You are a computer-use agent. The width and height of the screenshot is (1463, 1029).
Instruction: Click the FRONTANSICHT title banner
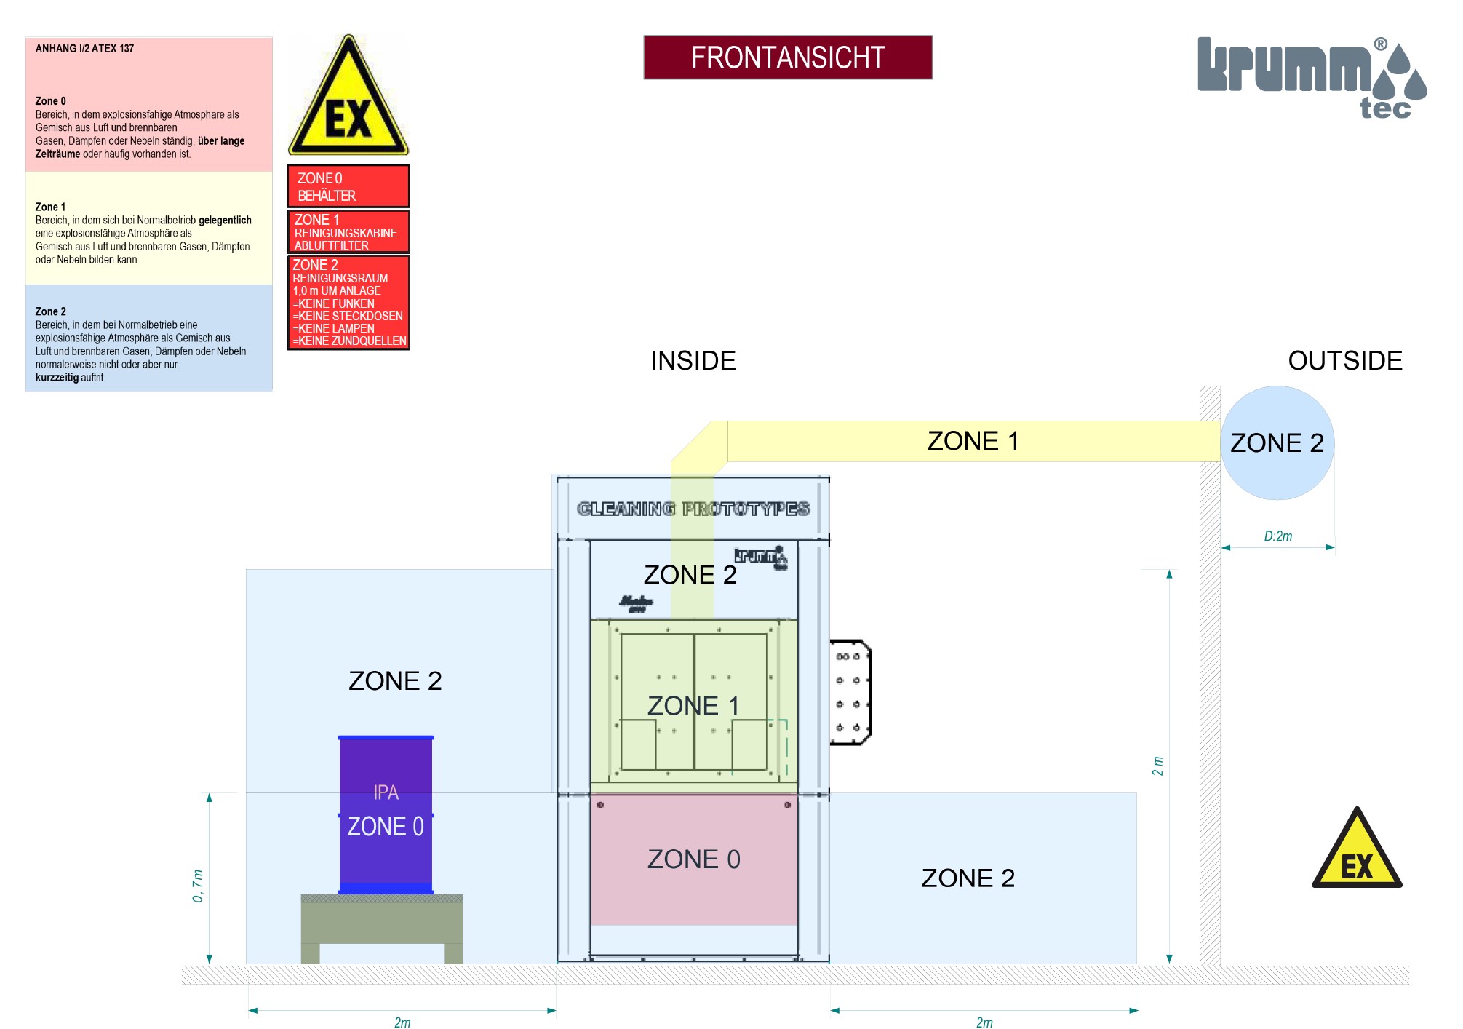pos(787,57)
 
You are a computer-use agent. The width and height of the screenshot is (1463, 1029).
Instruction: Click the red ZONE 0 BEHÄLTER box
pos(348,186)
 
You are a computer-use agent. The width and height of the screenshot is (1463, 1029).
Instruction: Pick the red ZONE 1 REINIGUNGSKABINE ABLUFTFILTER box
pos(348,232)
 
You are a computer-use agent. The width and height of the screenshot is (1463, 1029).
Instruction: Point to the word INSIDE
pos(693,361)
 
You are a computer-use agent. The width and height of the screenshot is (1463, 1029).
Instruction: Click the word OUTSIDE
pos(1344,361)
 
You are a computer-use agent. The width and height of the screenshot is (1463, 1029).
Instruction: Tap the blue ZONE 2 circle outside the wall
pos(1277,442)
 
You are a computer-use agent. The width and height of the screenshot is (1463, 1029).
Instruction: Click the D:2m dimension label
pos(1277,536)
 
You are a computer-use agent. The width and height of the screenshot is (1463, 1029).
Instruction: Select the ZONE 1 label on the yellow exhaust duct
pos(973,441)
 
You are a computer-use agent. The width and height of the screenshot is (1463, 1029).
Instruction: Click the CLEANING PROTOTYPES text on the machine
pos(693,509)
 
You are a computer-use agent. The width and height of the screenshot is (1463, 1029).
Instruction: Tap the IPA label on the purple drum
pos(386,792)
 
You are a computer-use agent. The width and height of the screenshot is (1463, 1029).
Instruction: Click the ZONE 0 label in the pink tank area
pos(693,859)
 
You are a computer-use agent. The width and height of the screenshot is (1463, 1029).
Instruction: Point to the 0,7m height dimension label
pos(197,886)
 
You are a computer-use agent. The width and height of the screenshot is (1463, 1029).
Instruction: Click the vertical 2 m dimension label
pos(1157,766)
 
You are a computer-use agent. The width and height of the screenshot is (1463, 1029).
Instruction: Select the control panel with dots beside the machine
pos(850,693)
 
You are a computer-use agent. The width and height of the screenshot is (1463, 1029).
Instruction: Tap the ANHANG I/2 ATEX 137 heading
pos(84,49)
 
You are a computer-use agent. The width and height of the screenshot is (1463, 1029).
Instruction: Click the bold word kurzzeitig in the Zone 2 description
pos(57,378)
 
